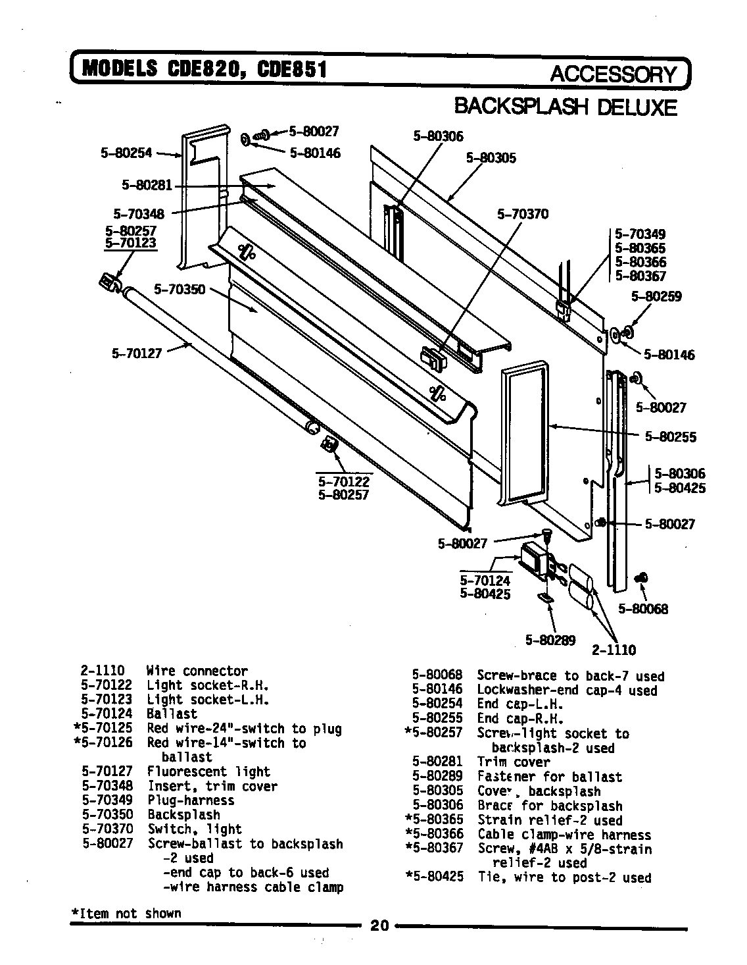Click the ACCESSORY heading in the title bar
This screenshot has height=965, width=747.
tap(612, 74)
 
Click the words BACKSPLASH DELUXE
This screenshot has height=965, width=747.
tap(566, 107)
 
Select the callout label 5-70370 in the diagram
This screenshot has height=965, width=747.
tap(523, 214)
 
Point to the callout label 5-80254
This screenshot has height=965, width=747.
tap(126, 153)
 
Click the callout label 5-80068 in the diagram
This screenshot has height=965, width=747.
tap(642, 609)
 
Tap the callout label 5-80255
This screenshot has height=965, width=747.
tap(670, 436)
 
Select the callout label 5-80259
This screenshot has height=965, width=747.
tap(656, 296)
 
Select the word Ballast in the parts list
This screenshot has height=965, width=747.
tap(172, 714)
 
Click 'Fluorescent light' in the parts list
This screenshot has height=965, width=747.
tap(208, 771)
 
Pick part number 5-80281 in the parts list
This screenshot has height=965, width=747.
tap(437, 762)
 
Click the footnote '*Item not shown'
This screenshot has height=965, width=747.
tap(126, 914)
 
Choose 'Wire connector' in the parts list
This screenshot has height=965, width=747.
tap(197, 671)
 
